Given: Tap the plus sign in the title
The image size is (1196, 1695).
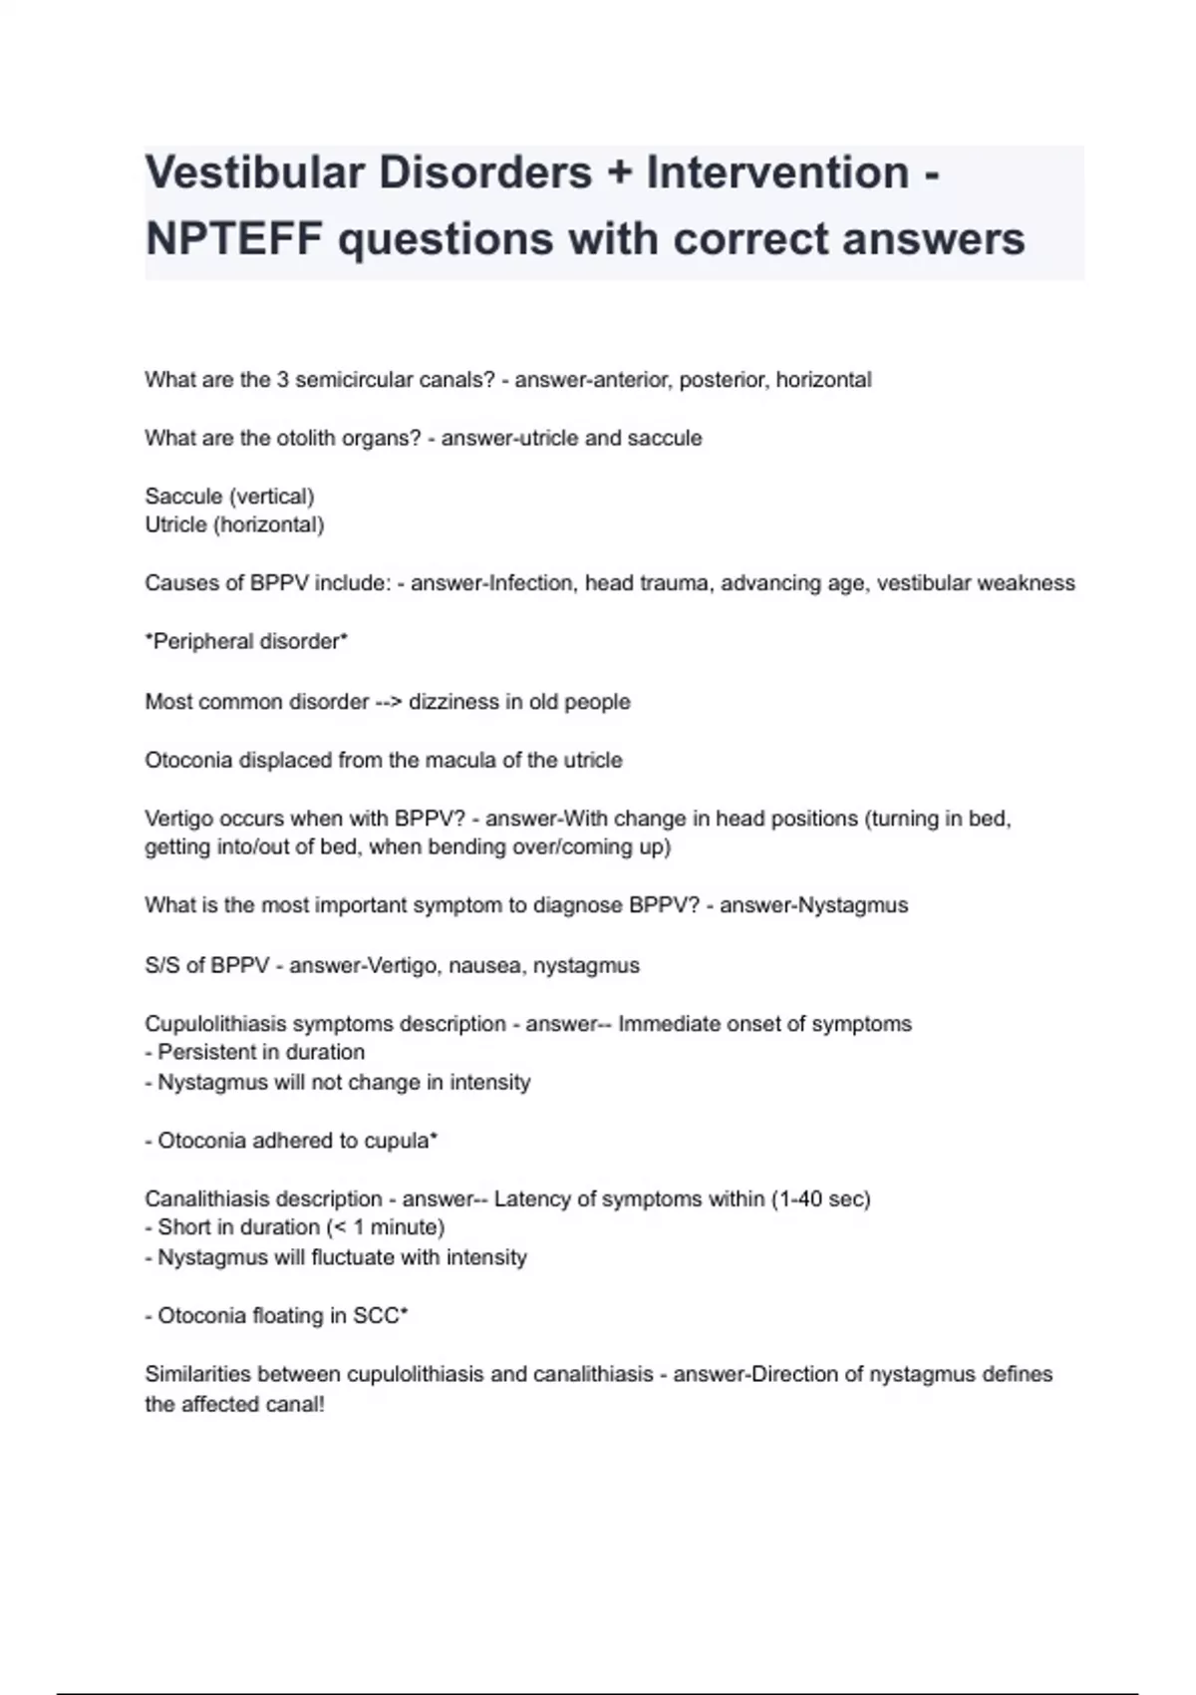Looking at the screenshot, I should pos(619,173).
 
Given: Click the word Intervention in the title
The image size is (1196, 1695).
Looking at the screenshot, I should pos(777,173).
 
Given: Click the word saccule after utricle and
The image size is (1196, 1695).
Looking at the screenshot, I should pos(665,439).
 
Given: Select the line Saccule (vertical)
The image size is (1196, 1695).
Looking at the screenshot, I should pos(229,497).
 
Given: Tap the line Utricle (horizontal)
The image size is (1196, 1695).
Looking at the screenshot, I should pos(234,525).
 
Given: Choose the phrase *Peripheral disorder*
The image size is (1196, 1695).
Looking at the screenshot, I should pos(246,642).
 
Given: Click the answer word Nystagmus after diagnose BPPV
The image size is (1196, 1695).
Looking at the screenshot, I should pos(853,906).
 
